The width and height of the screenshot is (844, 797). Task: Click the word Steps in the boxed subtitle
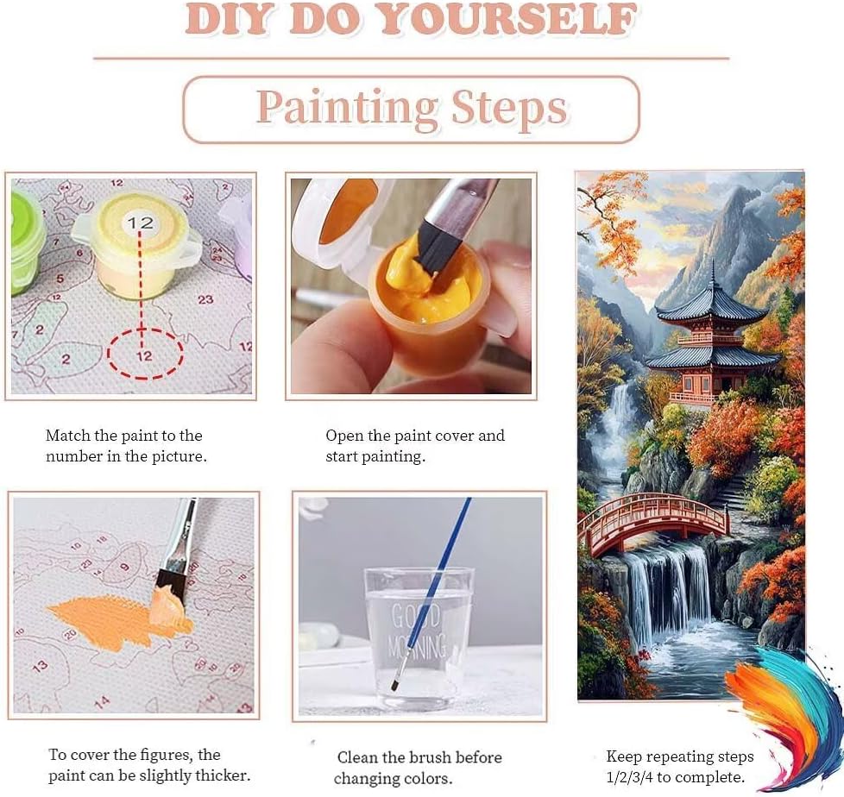coord(509,108)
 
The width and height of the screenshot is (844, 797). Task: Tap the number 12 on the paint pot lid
coord(141,223)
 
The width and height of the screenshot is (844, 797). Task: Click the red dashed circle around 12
coord(145,354)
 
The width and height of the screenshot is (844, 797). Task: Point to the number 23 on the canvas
coord(205,299)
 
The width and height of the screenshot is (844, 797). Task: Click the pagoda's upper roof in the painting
coord(711,304)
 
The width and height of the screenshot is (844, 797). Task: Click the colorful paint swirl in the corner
coord(784,716)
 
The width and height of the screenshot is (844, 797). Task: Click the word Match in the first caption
coord(68,436)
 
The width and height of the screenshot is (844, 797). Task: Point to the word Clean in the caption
coord(357,757)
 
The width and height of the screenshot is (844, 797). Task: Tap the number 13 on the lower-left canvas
coord(40,667)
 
